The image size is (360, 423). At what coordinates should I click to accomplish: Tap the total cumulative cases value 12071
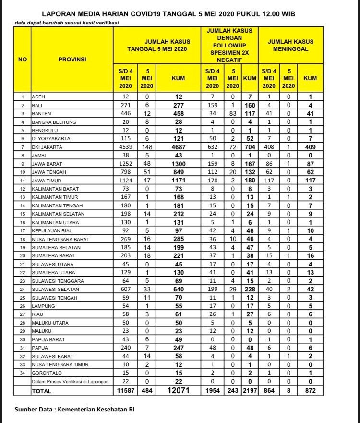click(178, 391)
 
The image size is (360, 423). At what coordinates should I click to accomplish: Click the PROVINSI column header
click(72, 60)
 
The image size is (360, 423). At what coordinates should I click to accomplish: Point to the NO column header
click(22, 60)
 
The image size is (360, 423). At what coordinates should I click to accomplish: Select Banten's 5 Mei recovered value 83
click(232, 114)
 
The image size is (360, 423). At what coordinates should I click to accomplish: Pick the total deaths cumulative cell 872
click(311, 391)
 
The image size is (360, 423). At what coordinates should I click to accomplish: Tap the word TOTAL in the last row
click(41, 391)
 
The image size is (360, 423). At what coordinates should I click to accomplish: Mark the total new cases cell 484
click(146, 391)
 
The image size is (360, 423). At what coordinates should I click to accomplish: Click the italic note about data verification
click(67, 23)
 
